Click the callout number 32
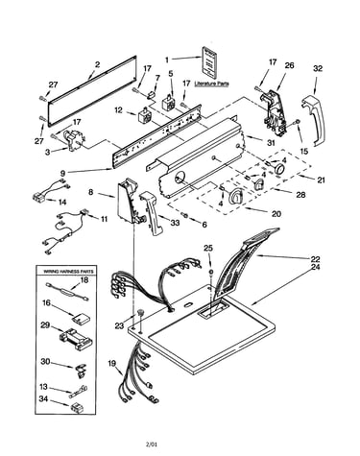[x=318, y=68]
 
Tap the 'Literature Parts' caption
[x=211, y=84]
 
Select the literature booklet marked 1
[x=209, y=62]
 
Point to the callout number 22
[x=315, y=259]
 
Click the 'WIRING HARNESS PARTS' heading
[x=68, y=272]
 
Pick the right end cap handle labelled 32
[x=313, y=119]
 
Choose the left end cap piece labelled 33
[x=153, y=212]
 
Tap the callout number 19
[x=112, y=363]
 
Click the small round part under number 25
[x=211, y=272]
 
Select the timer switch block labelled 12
[x=143, y=116]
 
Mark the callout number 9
[x=62, y=173]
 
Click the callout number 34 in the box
[x=44, y=399]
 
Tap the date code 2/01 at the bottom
[x=152, y=444]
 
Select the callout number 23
[x=119, y=325]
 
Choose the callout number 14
[x=62, y=202]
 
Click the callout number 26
[x=289, y=65]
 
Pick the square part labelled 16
[x=81, y=318]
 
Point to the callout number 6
[x=204, y=225]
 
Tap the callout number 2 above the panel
[x=97, y=64]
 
